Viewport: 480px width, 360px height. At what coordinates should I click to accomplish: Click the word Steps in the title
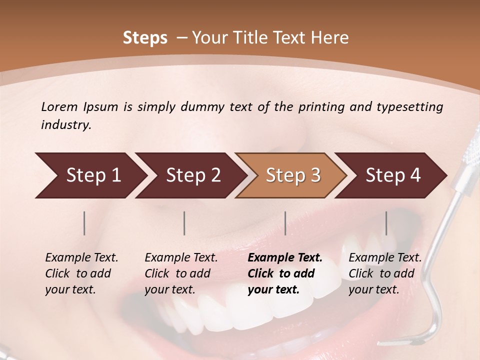[145, 38]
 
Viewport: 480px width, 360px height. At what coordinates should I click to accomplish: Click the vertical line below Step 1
[84, 223]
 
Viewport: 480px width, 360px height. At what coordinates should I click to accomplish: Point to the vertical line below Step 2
[184, 223]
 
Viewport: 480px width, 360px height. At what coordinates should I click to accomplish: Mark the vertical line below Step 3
[285, 223]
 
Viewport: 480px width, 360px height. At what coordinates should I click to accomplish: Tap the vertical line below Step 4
[386, 223]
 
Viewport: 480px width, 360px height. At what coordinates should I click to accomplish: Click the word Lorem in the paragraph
[59, 106]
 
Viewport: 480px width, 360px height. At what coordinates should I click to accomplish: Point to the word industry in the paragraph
[66, 125]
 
